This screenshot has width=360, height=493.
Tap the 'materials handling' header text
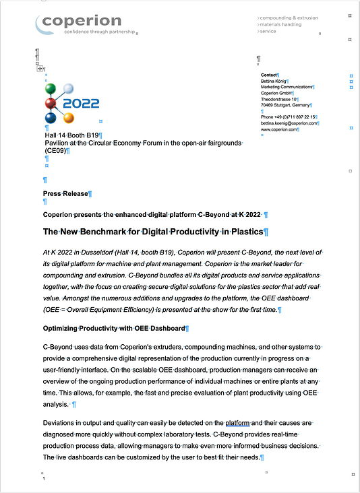click(281, 24)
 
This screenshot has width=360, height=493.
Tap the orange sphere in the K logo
click(68, 119)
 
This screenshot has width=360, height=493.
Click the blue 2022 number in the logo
click(81, 104)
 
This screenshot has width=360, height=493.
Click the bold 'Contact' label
click(269, 75)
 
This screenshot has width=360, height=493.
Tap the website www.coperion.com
click(279, 129)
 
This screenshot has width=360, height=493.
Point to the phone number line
click(289, 117)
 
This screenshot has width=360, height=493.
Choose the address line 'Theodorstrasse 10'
click(279, 99)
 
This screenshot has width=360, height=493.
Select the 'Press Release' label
click(65, 194)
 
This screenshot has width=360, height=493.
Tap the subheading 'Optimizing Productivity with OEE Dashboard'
click(113, 329)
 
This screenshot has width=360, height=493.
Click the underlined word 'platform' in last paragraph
click(237, 424)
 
